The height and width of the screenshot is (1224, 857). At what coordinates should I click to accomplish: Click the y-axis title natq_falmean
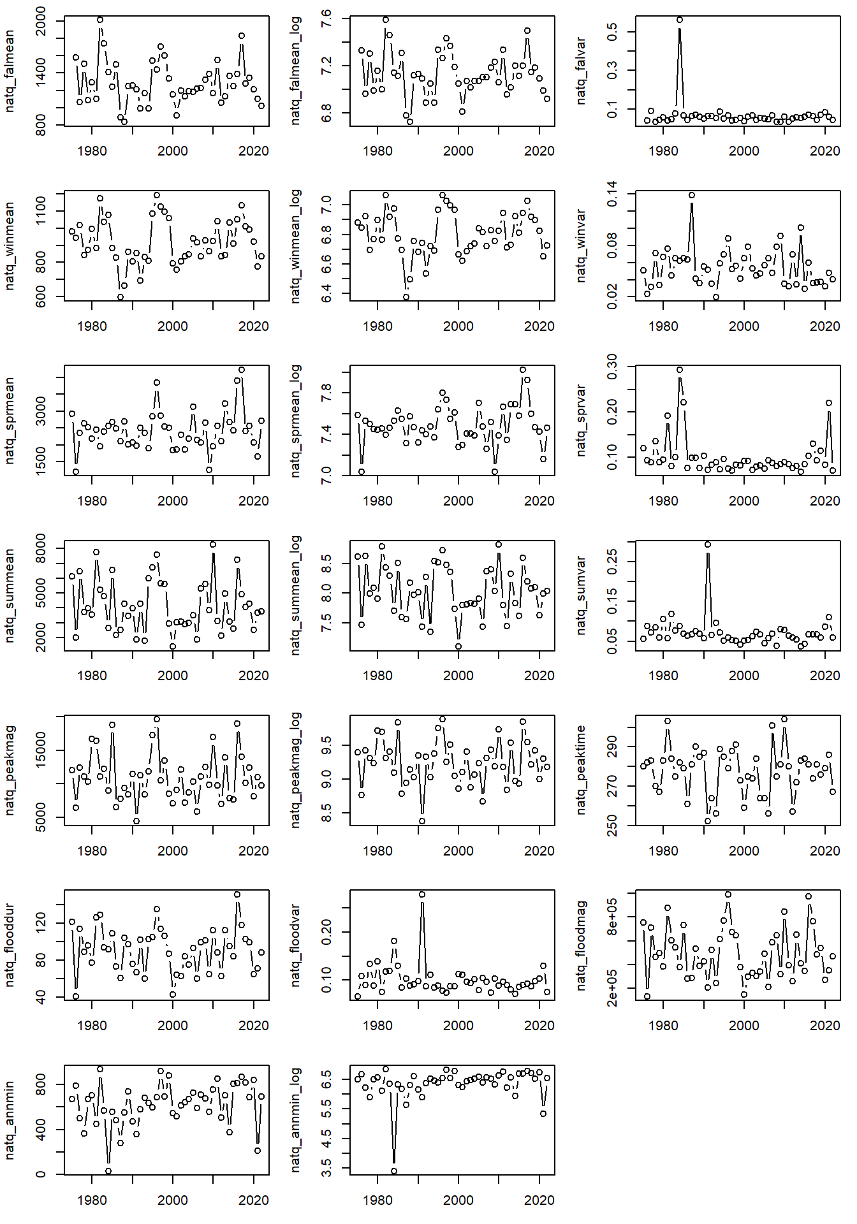tap(10, 71)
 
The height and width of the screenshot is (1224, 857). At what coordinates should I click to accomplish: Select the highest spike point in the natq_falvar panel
tap(680, 20)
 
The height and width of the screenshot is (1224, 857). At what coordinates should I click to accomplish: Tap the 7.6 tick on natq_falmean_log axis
tap(325, 19)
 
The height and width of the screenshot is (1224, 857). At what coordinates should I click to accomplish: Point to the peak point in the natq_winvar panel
tap(692, 195)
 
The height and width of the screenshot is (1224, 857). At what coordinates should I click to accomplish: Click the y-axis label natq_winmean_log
tap(295, 246)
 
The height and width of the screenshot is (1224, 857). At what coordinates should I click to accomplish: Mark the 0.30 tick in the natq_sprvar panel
tap(612, 367)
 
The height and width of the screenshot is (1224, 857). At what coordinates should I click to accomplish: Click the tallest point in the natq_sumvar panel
tap(708, 544)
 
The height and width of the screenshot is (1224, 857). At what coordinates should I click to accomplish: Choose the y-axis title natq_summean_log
tap(295, 595)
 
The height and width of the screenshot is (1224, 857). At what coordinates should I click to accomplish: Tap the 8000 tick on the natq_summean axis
tap(41, 549)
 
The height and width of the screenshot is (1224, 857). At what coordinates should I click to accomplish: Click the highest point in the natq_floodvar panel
tap(422, 894)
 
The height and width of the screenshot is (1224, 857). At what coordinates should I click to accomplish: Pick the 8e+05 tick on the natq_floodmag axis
tap(612, 917)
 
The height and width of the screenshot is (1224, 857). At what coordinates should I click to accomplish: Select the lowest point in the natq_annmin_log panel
tap(394, 1171)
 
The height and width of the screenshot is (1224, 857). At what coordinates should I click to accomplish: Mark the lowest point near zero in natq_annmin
tap(108, 1171)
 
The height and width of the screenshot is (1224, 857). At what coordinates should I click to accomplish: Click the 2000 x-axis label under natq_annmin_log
tap(458, 1200)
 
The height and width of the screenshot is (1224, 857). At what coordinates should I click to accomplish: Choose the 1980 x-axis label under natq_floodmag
tap(663, 1026)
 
